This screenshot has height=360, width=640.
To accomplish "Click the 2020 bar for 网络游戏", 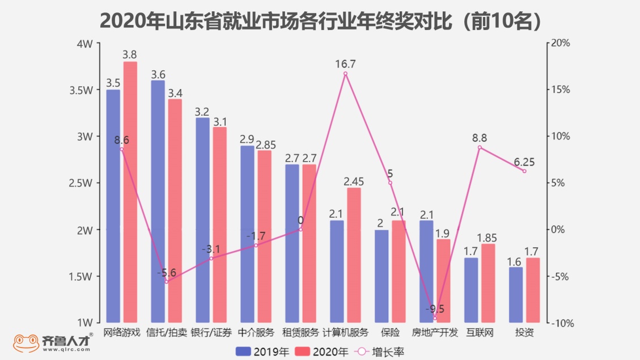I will (130, 193).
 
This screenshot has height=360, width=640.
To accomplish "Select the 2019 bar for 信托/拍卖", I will (158, 201).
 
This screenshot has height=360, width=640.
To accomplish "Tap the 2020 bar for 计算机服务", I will (354, 255).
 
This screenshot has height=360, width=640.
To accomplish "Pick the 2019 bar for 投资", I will (515, 295).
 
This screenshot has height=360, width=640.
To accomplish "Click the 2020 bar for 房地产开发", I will (443, 281).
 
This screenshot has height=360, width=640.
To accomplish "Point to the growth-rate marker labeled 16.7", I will (345, 74).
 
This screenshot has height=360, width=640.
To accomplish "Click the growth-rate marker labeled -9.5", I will (435, 318).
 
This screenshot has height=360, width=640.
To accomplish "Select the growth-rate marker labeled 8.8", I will (480, 147).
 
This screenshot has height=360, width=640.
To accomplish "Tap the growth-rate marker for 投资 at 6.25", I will (524, 171).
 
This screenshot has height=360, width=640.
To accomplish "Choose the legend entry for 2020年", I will (322, 351).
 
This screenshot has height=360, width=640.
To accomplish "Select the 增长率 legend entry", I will (379, 351).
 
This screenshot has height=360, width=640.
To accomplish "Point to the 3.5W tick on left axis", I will (83, 90).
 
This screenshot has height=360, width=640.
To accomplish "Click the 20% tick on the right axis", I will (562, 44).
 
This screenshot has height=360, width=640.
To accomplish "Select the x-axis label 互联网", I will (480, 332).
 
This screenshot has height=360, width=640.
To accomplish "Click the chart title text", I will (320, 20).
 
